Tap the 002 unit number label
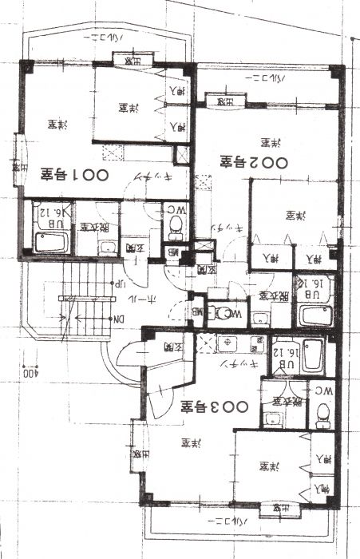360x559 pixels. pyautogui.click(x=248, y=162)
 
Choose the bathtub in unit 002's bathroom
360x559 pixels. pyautogui.click(x=316, y=315)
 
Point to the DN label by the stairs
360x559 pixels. pyautogui.click(x=117, y=319)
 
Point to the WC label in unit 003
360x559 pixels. pyautogui.click(x=323, y=391)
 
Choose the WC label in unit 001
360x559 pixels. pyautogui.click(x=173, y=211)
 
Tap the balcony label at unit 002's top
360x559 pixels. pyautogui.click(x=264, y=79)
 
